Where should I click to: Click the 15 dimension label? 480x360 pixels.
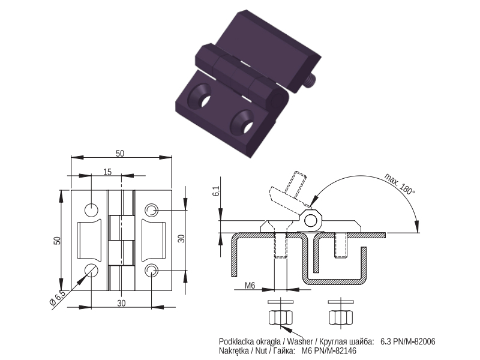pos(107,172)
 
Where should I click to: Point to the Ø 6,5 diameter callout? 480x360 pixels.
pos(57,298)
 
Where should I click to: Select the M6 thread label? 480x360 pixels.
pos(250,286)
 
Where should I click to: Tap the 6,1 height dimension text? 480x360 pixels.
pos(216,191)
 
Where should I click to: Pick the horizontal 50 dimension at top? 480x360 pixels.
pos(120,154)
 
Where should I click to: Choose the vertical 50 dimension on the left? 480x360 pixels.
pos(57,241)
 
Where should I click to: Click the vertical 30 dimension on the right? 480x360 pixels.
pos(182,238)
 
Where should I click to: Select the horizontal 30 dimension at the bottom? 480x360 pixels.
pos(122,303)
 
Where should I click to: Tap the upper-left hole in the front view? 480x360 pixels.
pos(91,210)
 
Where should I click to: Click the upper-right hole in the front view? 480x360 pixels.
pos(151,210)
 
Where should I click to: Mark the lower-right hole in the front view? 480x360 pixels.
pos(151,270)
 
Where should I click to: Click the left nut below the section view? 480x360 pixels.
pos(280,317)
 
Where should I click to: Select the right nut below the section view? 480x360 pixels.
pos(341,317)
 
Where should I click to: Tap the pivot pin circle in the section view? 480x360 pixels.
pos(311,220)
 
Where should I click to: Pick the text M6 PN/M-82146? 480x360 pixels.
pos(329,351)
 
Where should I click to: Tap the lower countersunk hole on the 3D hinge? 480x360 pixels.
pos(243,122)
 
